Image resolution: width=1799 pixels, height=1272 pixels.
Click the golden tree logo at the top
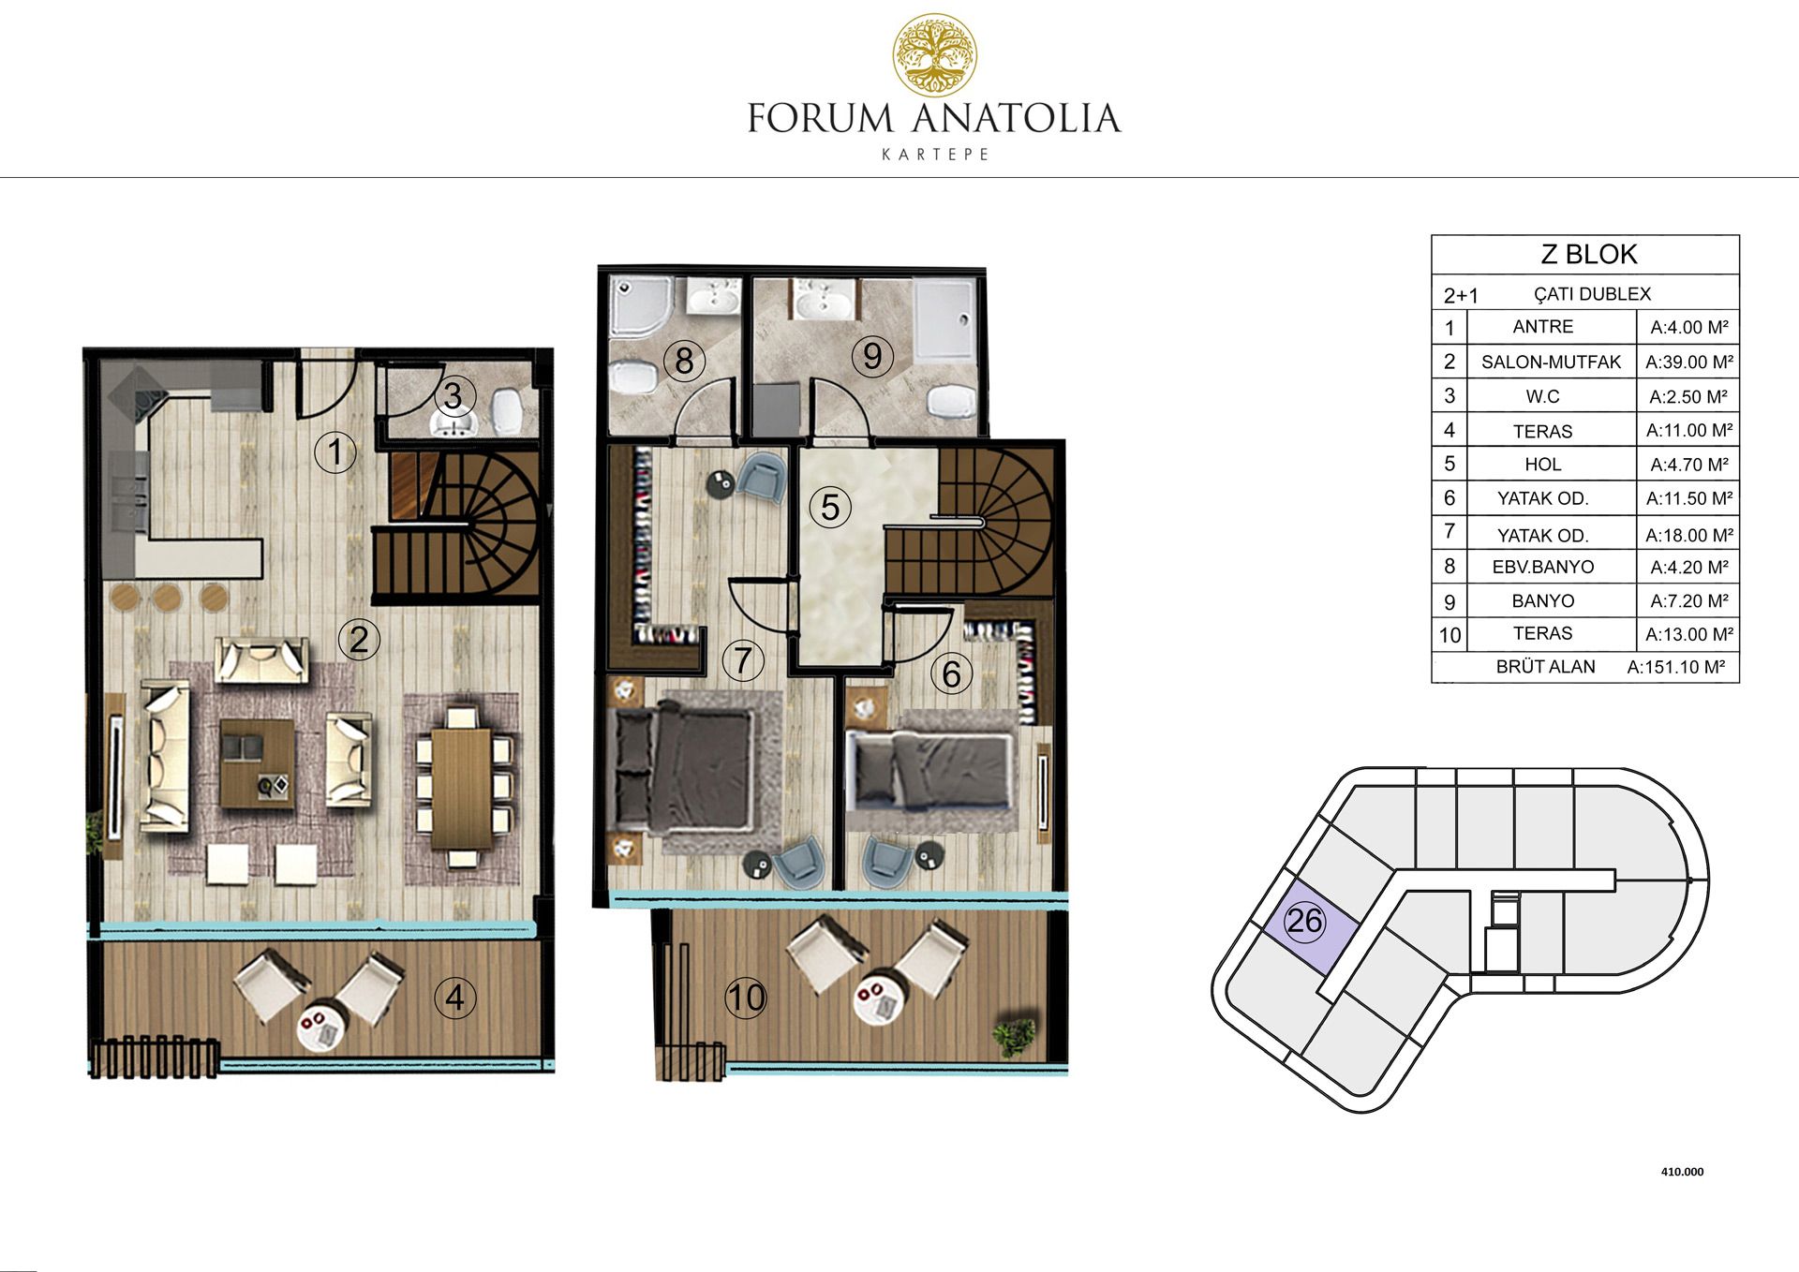point(934,55)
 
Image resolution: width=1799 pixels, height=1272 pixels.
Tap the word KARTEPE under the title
point(935,155)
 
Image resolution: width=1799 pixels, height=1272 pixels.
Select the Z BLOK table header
point(1589,254)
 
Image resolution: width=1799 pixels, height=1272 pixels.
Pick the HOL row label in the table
point(1542,464)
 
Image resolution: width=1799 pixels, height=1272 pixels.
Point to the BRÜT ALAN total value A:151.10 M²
point(1676,668)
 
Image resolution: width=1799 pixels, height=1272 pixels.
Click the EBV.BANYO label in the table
point(1542,567)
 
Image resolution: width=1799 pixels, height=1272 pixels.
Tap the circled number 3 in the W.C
point(453,395)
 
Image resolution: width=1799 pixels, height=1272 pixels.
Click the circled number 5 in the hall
point(830,507)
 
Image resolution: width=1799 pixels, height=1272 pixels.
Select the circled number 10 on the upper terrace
point(747,998)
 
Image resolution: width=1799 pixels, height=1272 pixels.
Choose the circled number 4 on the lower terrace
point(455,998)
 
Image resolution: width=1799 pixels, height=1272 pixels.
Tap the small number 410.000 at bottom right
point(1682,1172)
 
